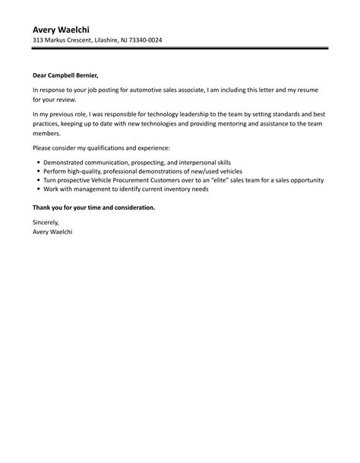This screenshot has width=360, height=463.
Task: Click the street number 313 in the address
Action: (38, 40)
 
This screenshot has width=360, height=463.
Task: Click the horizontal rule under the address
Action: (180, 49)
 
